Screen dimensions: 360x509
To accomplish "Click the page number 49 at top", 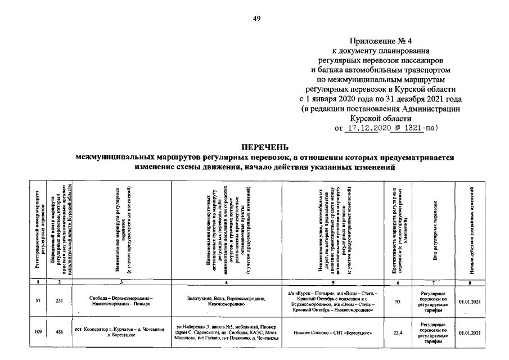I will coord(256,19).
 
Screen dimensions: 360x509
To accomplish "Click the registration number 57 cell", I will coord(38,301).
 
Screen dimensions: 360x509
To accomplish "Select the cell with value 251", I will coord(58,301).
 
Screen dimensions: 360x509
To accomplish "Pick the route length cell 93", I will coord(398,301).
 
